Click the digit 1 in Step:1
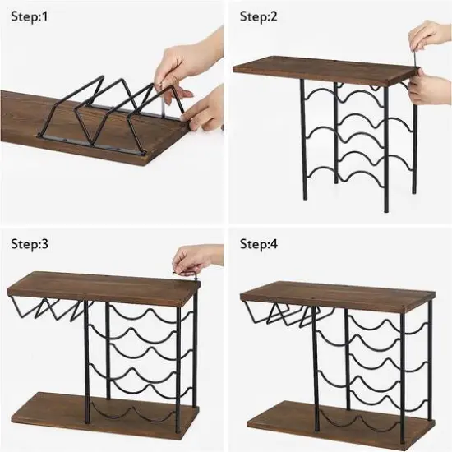[x=46, y=16]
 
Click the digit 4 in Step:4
[x=276, y=243]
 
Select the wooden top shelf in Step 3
[x=99, y=288]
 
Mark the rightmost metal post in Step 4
[x=429, y=362]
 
